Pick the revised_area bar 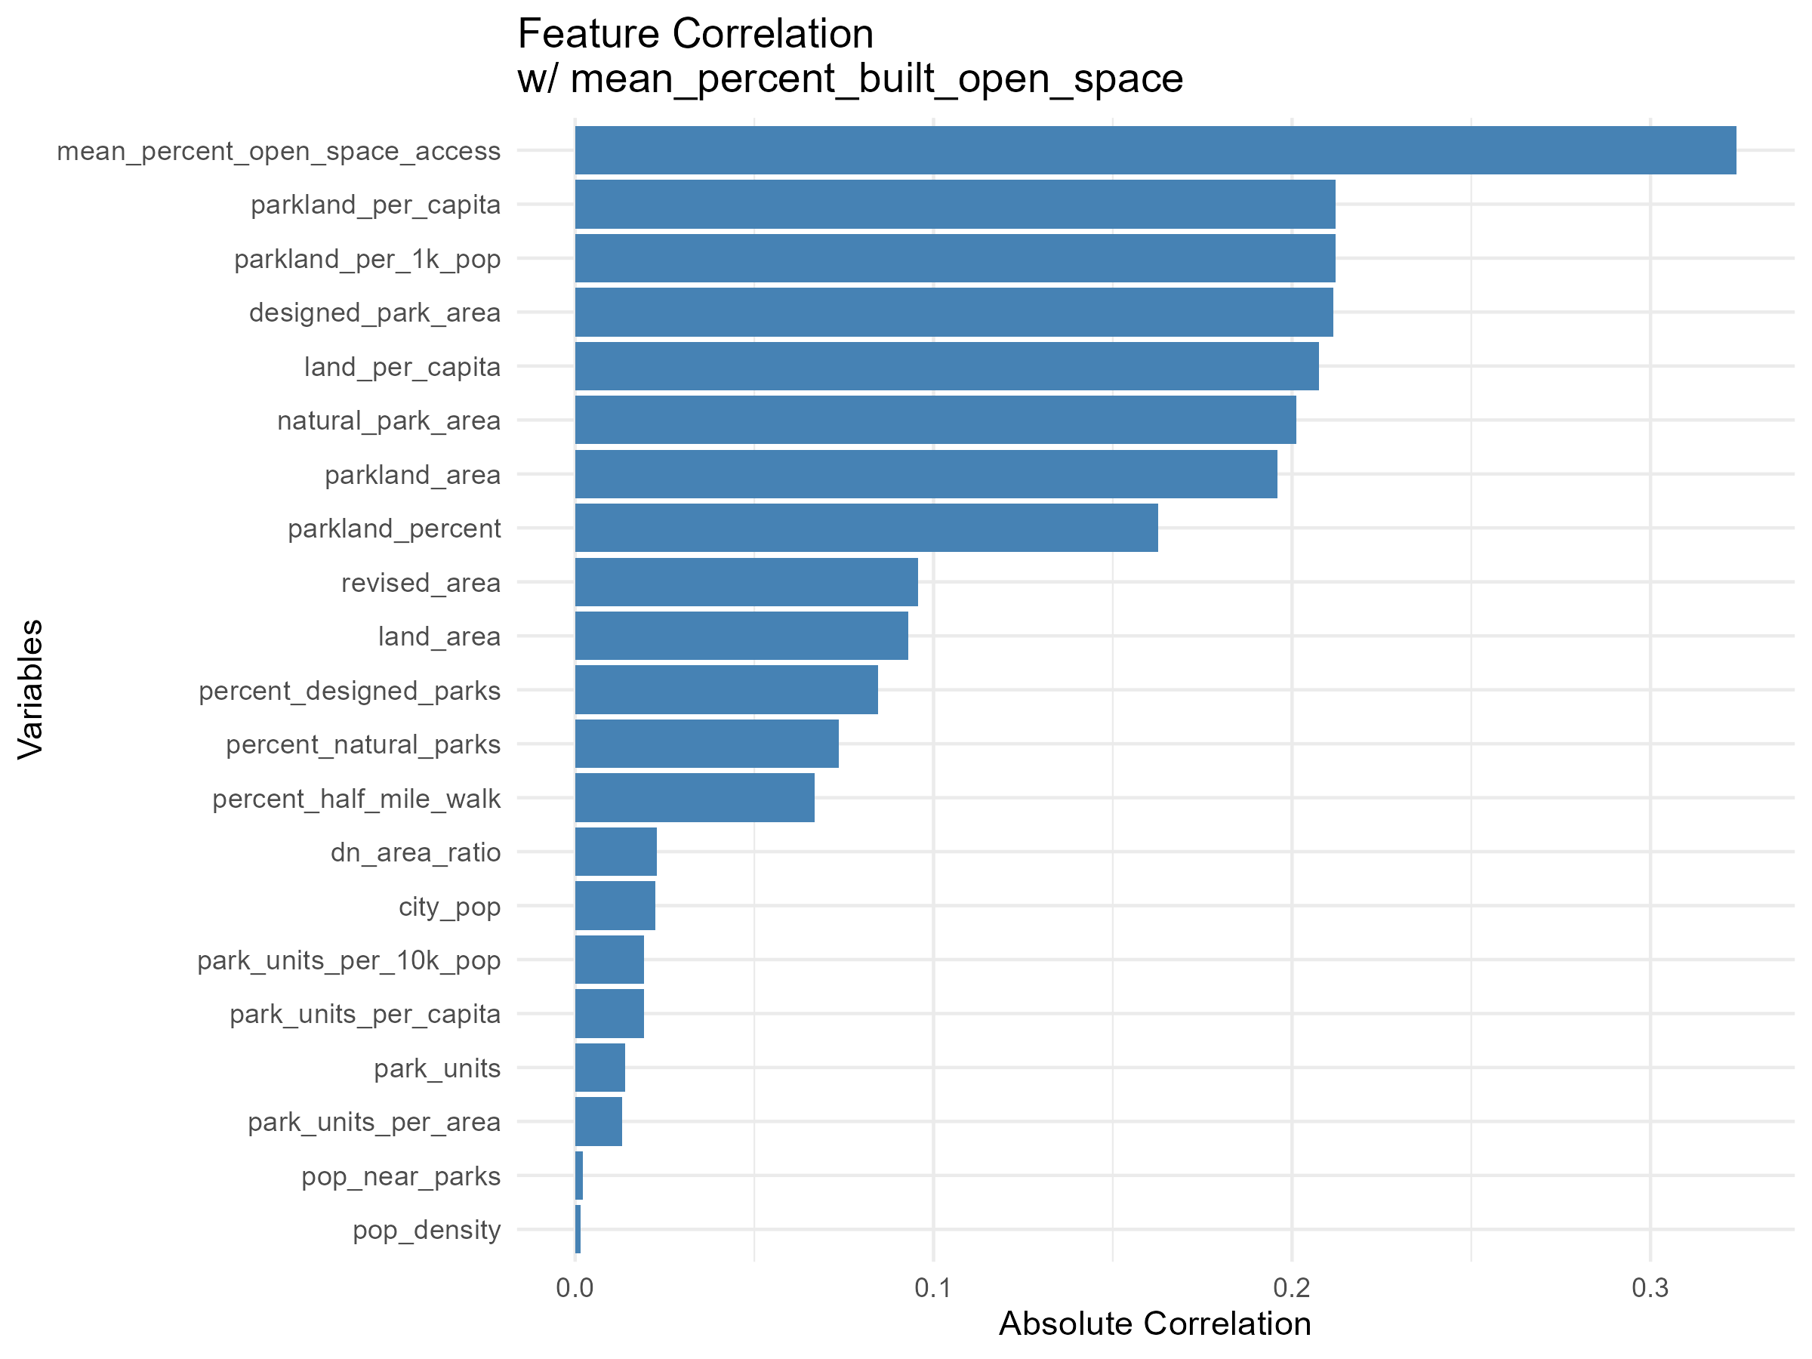[746, 582]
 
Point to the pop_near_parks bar [579, 1176]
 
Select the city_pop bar [615, 906]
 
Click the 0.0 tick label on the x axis [575, 1289]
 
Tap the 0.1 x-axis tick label [933, 1289]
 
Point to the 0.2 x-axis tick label [1292, 1289]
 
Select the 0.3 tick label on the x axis [1650, 1289]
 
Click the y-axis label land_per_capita [402, 367]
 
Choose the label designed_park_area [374, 313]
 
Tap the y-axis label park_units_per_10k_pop [348, 960]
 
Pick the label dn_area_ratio [415, 852]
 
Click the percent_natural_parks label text [363, 744]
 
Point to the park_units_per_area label [374, 1122]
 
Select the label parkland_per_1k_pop [367, 259]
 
